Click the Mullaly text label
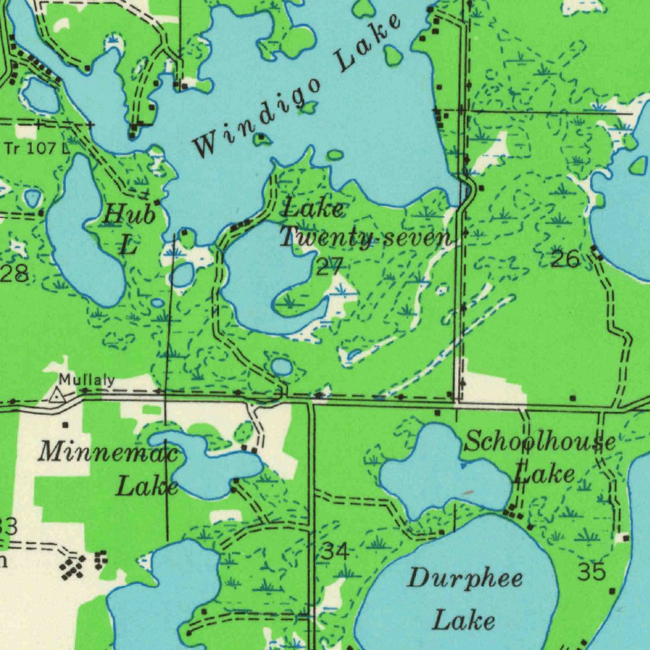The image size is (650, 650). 87,381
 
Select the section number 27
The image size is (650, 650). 329,267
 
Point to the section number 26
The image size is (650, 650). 564,259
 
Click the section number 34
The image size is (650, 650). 334,552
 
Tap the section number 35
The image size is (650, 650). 591,572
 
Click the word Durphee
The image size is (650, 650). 465,579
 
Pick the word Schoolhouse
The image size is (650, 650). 540,442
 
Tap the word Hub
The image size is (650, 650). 129,215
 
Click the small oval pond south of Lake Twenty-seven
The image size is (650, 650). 281,366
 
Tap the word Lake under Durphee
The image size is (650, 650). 463,620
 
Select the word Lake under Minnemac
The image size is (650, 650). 147,487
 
